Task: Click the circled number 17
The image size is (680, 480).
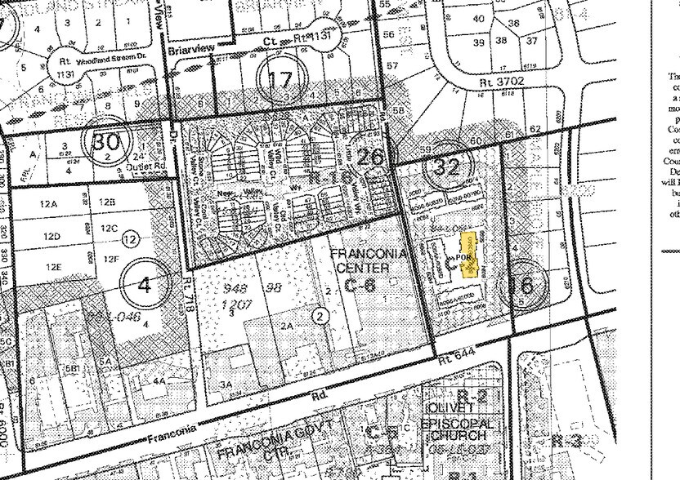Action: [280, 79]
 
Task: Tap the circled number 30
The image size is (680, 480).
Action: [106, 142]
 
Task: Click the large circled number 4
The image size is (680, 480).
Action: [145, 285]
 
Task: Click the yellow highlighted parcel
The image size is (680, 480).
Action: [470, 256]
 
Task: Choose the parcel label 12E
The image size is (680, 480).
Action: [54, 267]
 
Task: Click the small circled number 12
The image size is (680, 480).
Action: [129, 239]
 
